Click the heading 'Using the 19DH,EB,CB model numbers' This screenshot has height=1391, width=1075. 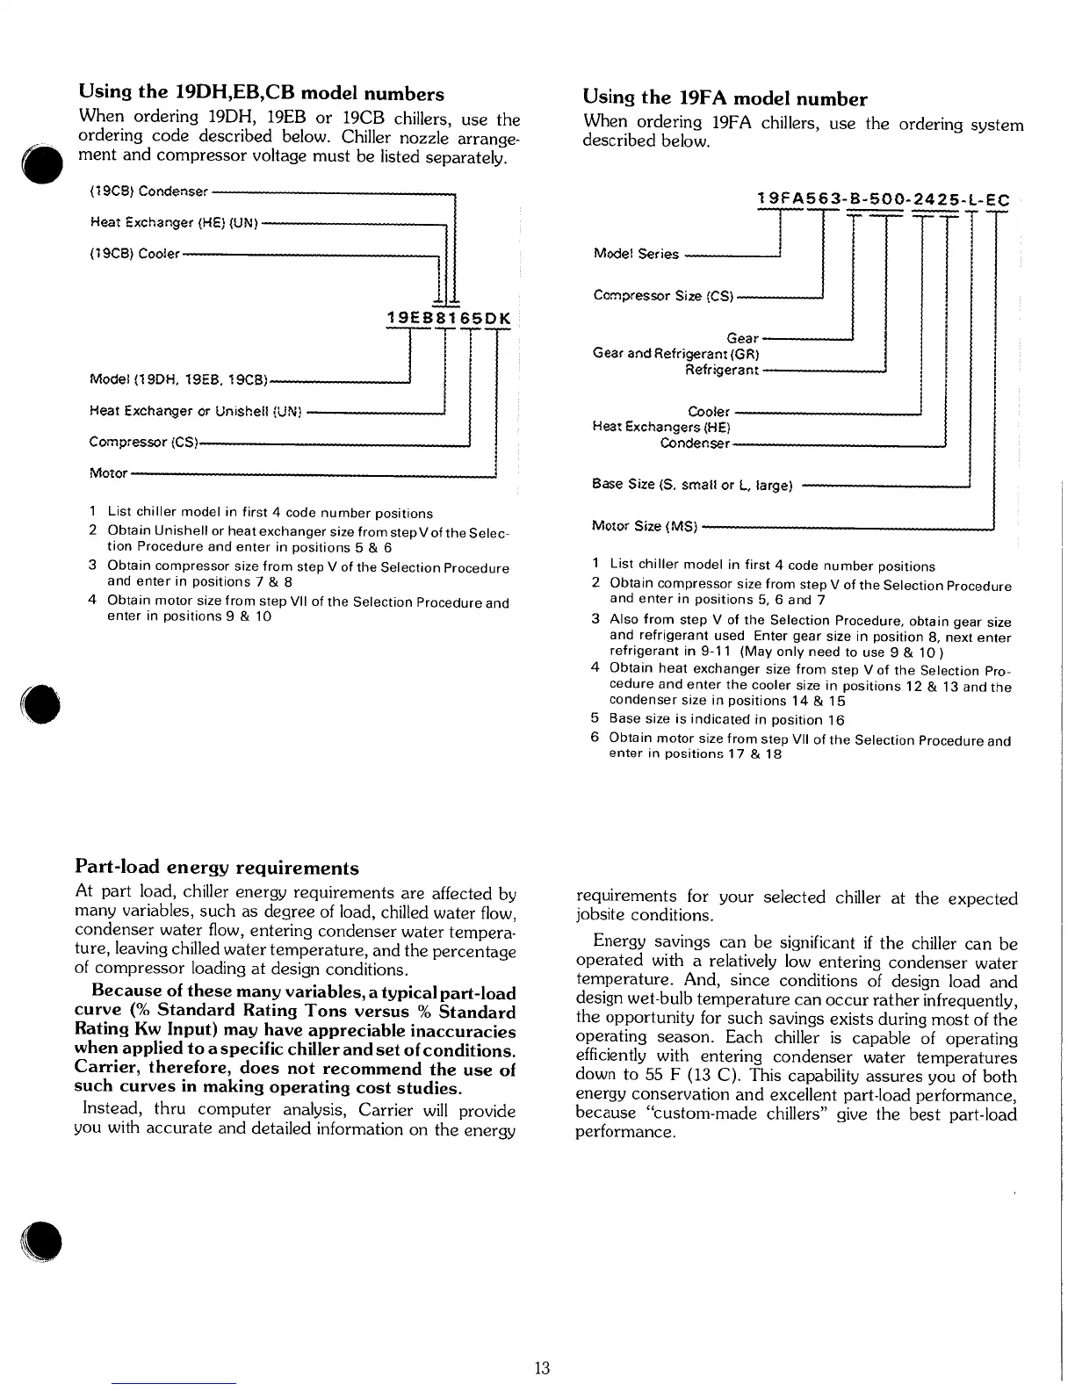click(x=261, y=93)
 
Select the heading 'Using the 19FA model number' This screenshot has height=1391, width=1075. click(x=725, y=98)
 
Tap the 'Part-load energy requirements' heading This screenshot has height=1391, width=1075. click(x=217, y=868)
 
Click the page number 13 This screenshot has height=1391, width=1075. click(x=541, y=1367)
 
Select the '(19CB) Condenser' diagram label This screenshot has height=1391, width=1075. click(x=148, y=191)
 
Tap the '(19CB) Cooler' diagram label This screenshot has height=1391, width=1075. click(x=134, y=255)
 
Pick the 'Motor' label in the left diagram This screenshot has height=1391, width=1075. click(x=108, y=473)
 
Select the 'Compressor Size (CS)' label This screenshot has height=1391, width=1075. click(x=663, y=296)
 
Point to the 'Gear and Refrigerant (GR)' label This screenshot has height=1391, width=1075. click(x=675, y=354)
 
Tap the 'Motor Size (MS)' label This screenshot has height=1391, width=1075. click(x=645, y=527)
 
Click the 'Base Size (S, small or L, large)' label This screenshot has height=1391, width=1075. click(x=693, y=484)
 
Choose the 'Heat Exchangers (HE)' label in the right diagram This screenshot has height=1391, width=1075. click(x=661, y=428)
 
